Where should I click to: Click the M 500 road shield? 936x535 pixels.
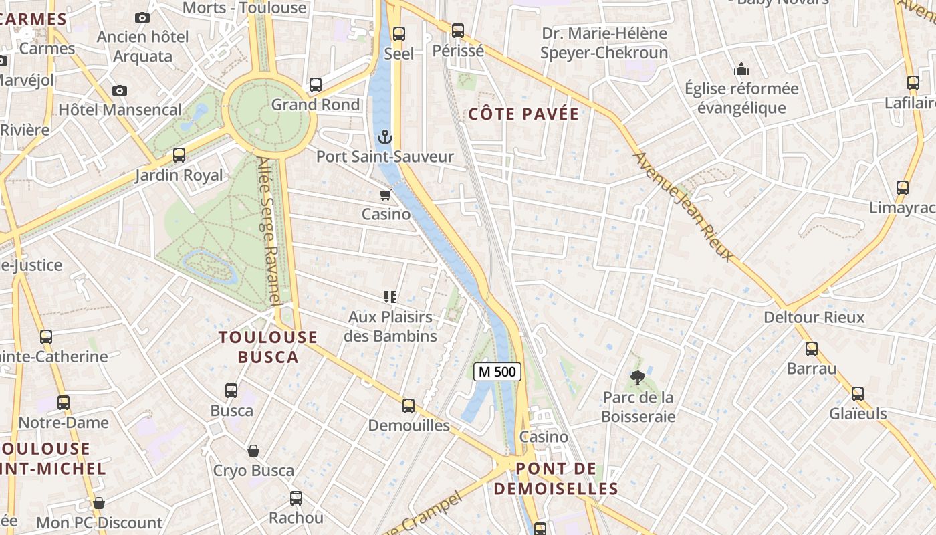pyautogui.click(x=497, y=372)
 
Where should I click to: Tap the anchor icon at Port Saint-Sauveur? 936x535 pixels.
pyautogui.click(x=384, y=138)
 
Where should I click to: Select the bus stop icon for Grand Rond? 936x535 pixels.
pyautogui.click(x=315, y=85)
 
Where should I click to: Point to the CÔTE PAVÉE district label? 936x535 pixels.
pyautogui.click(x=523, y=114)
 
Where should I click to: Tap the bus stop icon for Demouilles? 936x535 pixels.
pyautogui.click(x=408, y=406)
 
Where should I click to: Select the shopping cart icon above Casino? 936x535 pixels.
pyautogui.click(x=385, y=195)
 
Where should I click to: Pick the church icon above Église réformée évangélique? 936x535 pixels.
pyautogui.click(x=741, y=69)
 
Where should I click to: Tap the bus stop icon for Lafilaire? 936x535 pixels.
pyautogui.click(x=913, y=83)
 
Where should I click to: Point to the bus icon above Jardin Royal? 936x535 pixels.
pyautogui.click(x=179, y=155)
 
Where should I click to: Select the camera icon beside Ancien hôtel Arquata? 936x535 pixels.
pyautogui.click(x=142, y=18)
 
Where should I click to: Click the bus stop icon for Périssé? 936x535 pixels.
pyautogui.click(x=458, y=31)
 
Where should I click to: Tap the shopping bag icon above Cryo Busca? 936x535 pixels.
pyautogui.click(x=253, y=451)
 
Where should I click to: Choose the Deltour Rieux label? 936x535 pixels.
pyautogui.click(x=814, y=317)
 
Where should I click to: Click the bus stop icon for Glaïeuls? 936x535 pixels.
pyautogui.click(x=858, y=394)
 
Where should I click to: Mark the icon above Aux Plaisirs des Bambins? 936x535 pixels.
pyautogui.click(x=390, y=297)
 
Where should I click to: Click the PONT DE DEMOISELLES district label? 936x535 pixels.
pyautogui.click(x=556, y=478)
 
